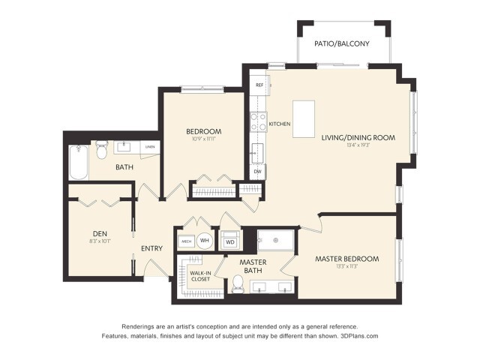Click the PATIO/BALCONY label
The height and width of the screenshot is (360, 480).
click(x=343, y=43)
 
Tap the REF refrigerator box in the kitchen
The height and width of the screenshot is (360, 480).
click(x=259, y=85)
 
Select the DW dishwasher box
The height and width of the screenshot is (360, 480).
click(x=258, y=172)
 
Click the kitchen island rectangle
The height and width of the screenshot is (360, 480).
click(x=304, y=119)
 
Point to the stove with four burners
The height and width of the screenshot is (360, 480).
click(x=258, y=121)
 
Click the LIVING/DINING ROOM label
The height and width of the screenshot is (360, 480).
click(x=358, y=138)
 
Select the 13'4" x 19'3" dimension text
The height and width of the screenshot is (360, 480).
click(x=358, y=145)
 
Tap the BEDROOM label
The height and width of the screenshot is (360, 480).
click(x=204, y=131)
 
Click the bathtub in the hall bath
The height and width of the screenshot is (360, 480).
click(x=78, y=163)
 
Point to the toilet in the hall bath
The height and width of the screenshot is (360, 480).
click(x=100, y=149)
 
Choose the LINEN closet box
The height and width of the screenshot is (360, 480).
click(x=150, y=147)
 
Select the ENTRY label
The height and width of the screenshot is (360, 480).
click(x=152, y=248)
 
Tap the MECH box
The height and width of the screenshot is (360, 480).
click(x=185, y=241)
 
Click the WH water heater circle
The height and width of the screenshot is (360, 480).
click(x=204, y=241)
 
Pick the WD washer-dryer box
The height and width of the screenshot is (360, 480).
click(x=230, y=242)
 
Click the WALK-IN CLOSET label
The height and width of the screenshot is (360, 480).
click(x=199, y=276)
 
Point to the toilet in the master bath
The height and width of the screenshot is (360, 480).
click(x=238, y=283)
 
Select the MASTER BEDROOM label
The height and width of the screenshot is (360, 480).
click(x=346, y=259)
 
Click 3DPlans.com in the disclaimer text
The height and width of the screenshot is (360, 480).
click(x=358, y=336)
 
